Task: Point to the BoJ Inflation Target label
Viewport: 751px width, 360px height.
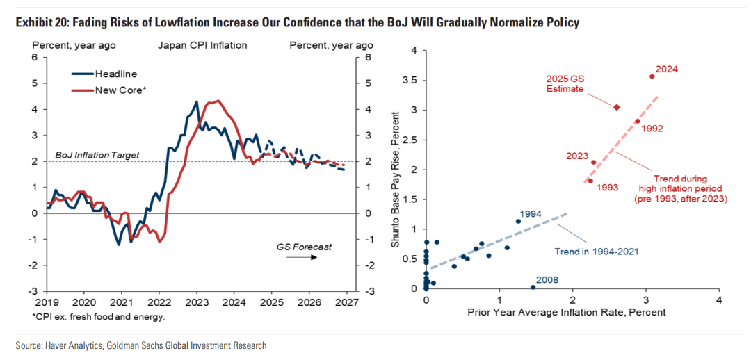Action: (x=97, y=155)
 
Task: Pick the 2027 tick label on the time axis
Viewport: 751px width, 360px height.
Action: (x=346, y=303)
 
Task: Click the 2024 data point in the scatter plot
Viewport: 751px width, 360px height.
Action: (x=652, y=76)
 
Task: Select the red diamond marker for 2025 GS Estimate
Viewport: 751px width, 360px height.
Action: (x=616, y=107)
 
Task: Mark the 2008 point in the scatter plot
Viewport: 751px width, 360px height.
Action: (x=533, y=287)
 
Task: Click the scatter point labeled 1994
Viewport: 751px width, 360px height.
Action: (x=518, y=221)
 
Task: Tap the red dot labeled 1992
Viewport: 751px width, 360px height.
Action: (x=637, y=121)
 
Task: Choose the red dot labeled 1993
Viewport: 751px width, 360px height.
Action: (x=590, y=181)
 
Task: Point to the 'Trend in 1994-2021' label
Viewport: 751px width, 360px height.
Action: (x=596, y=251)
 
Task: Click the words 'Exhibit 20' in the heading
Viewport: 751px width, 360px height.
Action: (x=39, y=23)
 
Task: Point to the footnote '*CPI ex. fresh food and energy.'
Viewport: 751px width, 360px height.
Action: (x=99, y=317)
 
